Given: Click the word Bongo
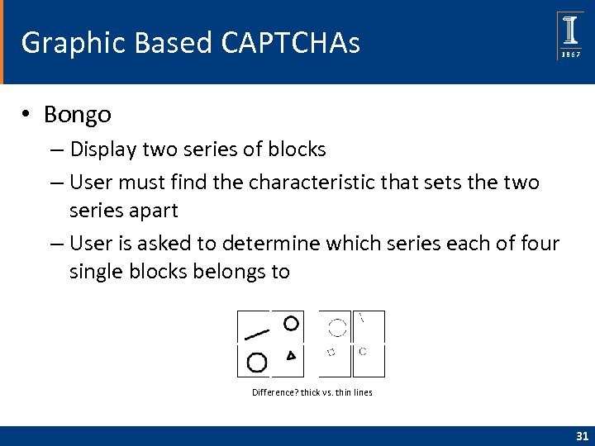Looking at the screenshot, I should (78, 114).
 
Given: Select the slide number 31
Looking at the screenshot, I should (581, 436).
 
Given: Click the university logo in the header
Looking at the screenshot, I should (570, 36).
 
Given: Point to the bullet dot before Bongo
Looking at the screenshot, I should (27, 115).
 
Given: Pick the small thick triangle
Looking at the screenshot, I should (291, 355).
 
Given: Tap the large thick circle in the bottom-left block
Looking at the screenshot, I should (257, 362).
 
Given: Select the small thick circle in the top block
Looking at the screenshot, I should (291, 323).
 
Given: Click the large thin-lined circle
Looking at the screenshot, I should (337, 328).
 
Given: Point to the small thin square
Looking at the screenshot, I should (331, 353).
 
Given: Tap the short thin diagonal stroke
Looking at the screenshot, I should (362, 316).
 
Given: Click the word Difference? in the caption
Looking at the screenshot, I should (275, 392).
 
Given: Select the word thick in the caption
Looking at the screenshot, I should (311, 392).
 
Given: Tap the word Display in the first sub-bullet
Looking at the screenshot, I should (104, 149).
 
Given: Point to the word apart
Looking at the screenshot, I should (152, 210).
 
